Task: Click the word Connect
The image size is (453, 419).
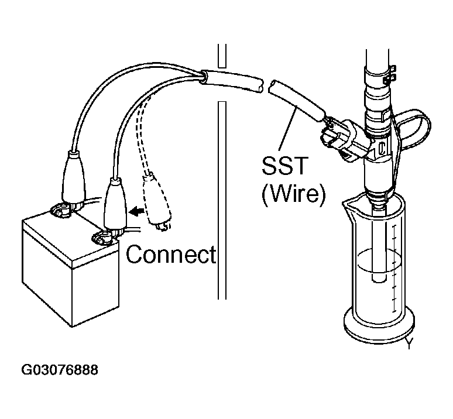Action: [171, 255]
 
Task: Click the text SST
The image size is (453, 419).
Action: [284, 166]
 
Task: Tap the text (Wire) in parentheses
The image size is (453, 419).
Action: [293, 193]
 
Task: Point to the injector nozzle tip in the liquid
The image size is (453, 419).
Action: [377, 275]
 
